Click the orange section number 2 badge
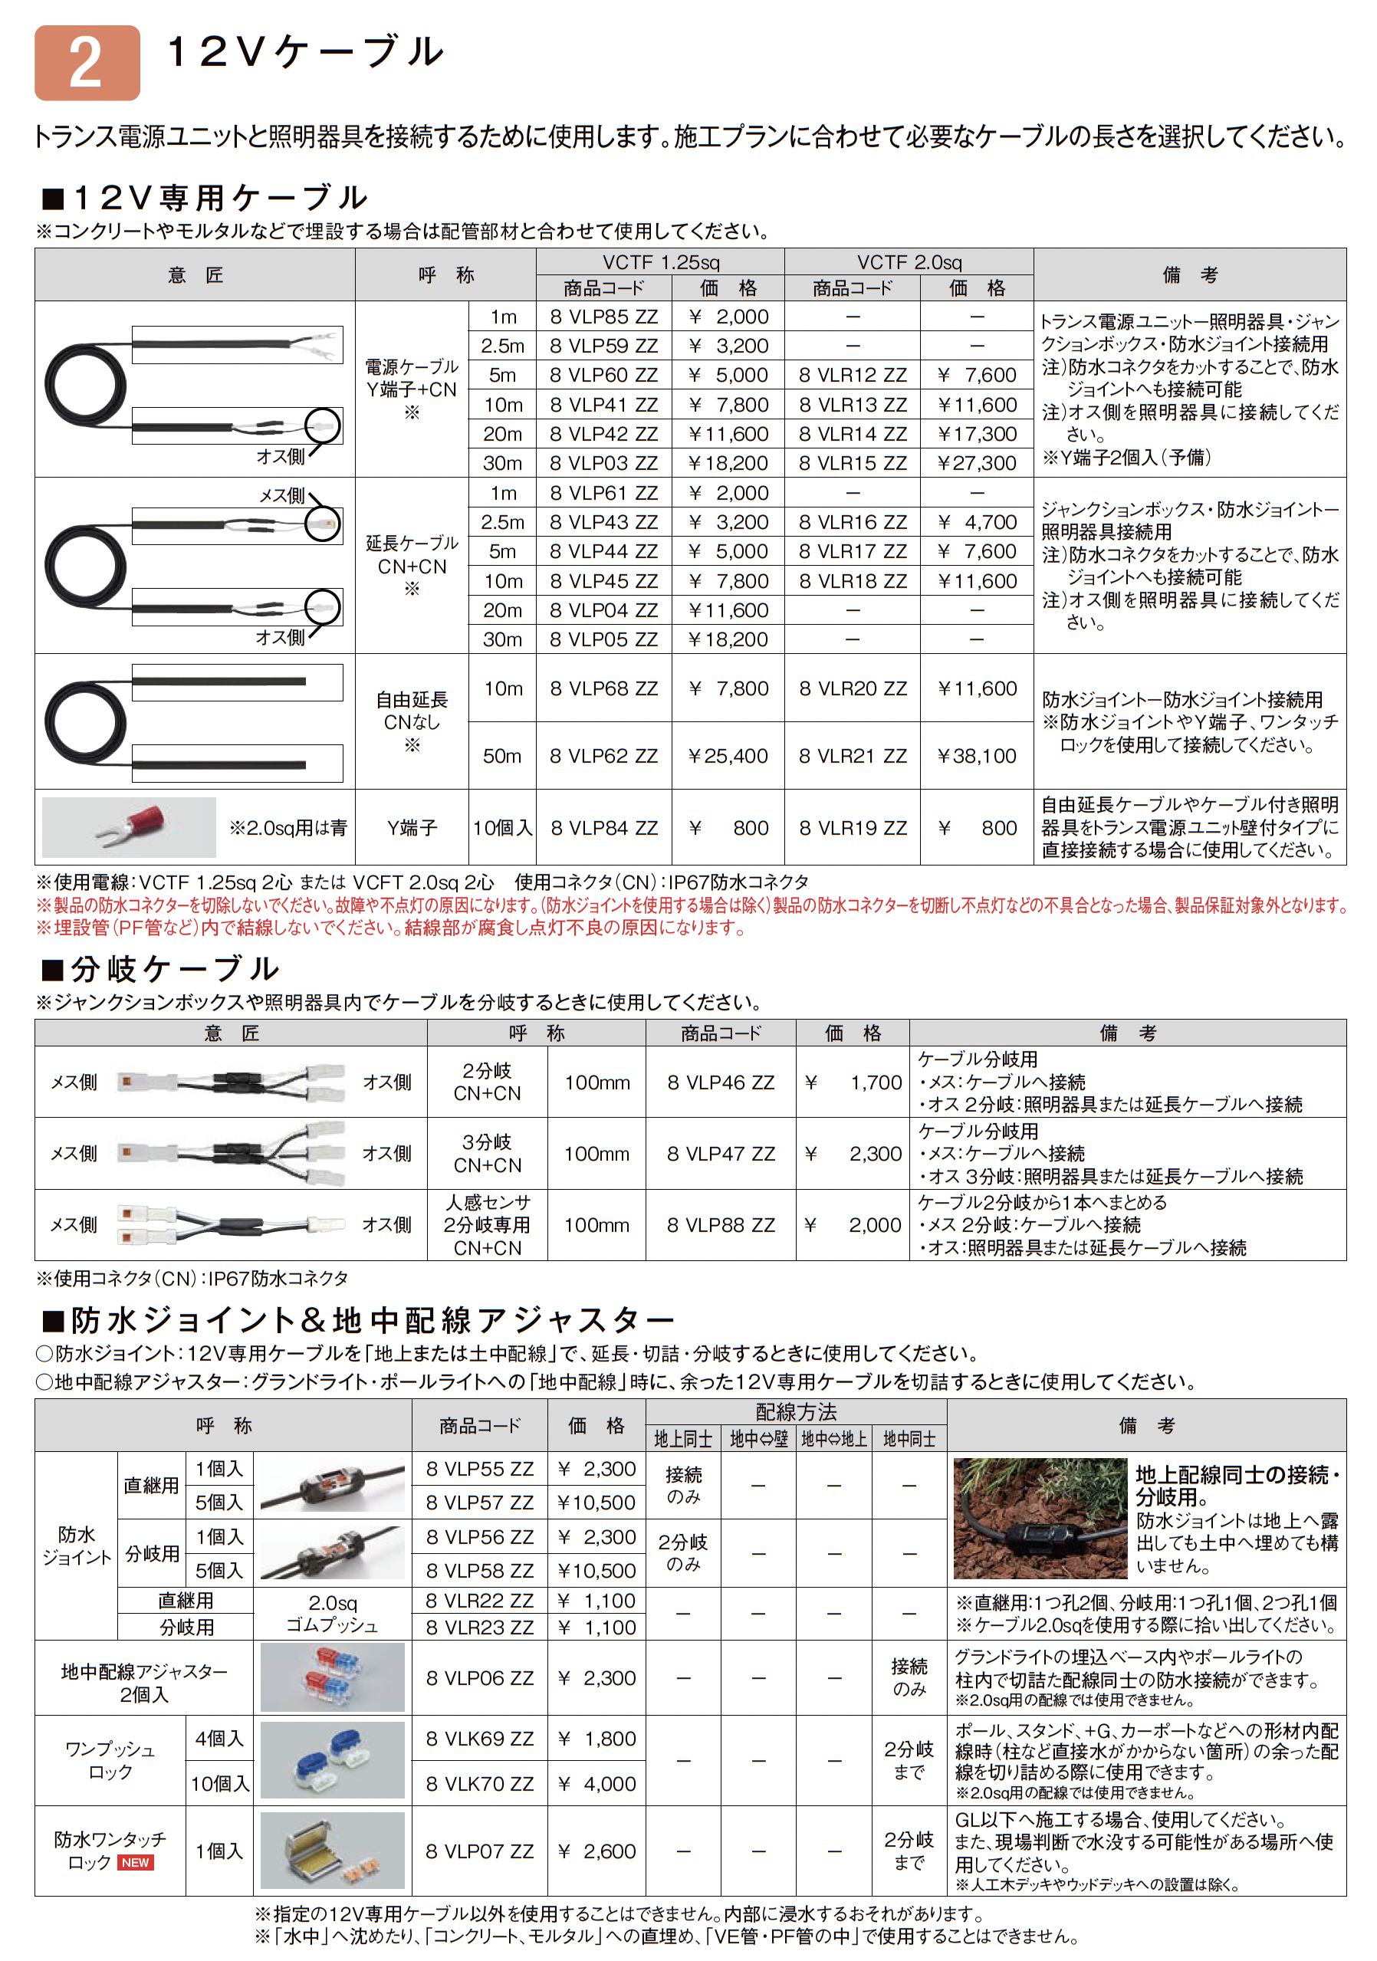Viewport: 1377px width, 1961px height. pos(87,63)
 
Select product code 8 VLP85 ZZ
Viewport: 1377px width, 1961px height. pos(604,317)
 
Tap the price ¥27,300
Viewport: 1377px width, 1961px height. pos(976,463)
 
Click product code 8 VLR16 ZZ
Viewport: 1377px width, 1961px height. pos(853,522)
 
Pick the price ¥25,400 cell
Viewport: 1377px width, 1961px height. pos(728,756)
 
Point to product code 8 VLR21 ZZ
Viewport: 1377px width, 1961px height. pos(853,756)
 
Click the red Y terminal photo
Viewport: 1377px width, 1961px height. pos(129,826)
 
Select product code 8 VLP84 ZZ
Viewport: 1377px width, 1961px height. pos(604,828)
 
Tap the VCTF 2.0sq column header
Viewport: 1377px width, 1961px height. pos(909,262)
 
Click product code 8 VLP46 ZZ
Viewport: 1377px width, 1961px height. pos(721,1082)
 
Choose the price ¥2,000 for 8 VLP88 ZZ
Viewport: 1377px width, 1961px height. pos(853,1225)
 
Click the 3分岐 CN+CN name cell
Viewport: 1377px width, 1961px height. pos(487,1153)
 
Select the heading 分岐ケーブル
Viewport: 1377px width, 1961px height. pos(174,968)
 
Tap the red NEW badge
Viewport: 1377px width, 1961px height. pos(135,1863)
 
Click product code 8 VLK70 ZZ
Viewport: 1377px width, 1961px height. pos(479,1783)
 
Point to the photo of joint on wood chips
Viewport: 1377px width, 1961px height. pos(1040,1518)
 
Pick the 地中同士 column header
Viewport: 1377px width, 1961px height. pos(909,1439)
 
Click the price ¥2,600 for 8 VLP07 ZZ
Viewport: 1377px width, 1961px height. pos(596,1851)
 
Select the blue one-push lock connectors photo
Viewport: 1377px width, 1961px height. pos(332,1760)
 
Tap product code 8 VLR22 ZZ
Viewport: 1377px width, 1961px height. pos(479,1601)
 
